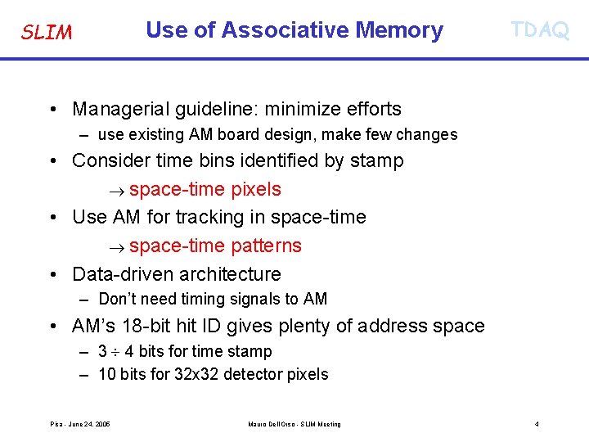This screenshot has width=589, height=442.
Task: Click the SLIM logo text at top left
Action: point(46,33)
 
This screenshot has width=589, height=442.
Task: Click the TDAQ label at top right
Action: point(539,30)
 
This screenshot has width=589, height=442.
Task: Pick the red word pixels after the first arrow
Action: point(255,189)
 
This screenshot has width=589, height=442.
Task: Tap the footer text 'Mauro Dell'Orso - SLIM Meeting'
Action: point(294,424)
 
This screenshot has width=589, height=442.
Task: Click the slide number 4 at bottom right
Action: point(537,424)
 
